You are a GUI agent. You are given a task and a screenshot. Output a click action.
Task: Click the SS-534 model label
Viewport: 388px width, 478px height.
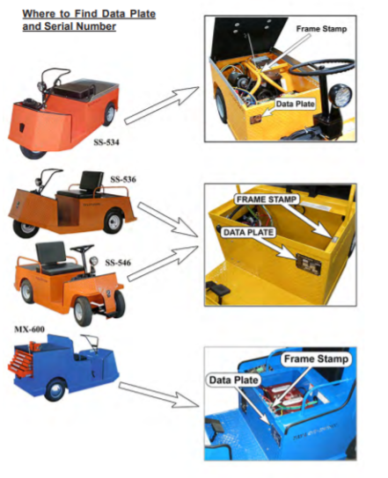tap(106, 142)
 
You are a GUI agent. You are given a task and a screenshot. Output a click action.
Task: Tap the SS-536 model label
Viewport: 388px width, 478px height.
tap(123, 179)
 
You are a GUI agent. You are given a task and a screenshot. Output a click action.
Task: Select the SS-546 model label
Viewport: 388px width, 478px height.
tap(118, 263)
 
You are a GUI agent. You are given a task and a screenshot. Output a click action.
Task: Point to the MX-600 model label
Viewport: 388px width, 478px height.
tap(29, 330)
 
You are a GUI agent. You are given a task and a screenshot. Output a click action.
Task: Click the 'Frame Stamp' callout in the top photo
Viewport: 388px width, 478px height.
tap(321, 29)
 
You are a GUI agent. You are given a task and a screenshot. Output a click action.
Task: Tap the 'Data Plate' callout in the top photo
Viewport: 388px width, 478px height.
tap(295, 104)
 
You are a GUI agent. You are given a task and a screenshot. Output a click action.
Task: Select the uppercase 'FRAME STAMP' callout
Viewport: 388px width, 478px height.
tap(267, 199)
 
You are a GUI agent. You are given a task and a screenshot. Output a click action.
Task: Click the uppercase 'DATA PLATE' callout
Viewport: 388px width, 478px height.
tap(248, 232)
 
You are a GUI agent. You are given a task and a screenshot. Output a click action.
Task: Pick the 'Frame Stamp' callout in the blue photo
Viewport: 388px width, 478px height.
tap(316, 358)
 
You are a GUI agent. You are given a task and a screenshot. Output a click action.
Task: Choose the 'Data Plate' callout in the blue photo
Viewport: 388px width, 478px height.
tap(233, 380)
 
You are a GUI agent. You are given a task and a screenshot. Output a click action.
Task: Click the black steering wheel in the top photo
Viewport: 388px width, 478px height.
tap(321, 68)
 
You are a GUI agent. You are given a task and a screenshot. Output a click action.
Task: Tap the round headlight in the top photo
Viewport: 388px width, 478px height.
tap(340, 94)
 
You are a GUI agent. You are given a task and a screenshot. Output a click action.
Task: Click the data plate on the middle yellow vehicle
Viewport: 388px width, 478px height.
tap(309, 264)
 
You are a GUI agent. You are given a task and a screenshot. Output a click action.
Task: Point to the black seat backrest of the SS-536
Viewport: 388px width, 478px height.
tap(92, 181)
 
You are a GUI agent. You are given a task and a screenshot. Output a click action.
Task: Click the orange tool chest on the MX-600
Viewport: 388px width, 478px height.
tap(21, 360)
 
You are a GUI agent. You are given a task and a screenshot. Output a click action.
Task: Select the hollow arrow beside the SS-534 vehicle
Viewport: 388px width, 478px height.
tap(162, 105)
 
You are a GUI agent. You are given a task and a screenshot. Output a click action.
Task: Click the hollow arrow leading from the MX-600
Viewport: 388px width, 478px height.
tap(158, 395)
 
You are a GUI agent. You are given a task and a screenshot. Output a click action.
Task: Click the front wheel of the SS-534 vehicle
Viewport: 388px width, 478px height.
tap(33, 153)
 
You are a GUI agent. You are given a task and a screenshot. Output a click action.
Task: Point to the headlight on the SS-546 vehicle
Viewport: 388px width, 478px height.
tap(94, 261)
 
